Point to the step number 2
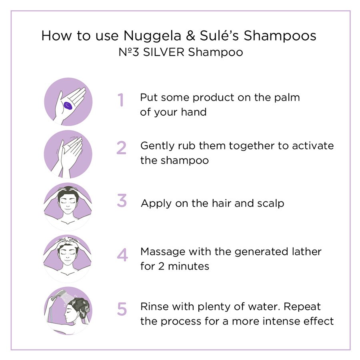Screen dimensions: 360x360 [121, 148]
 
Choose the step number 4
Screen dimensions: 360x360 [122, 255]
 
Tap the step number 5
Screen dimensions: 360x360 [122, 309]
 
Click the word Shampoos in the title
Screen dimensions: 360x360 [280, 36]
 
